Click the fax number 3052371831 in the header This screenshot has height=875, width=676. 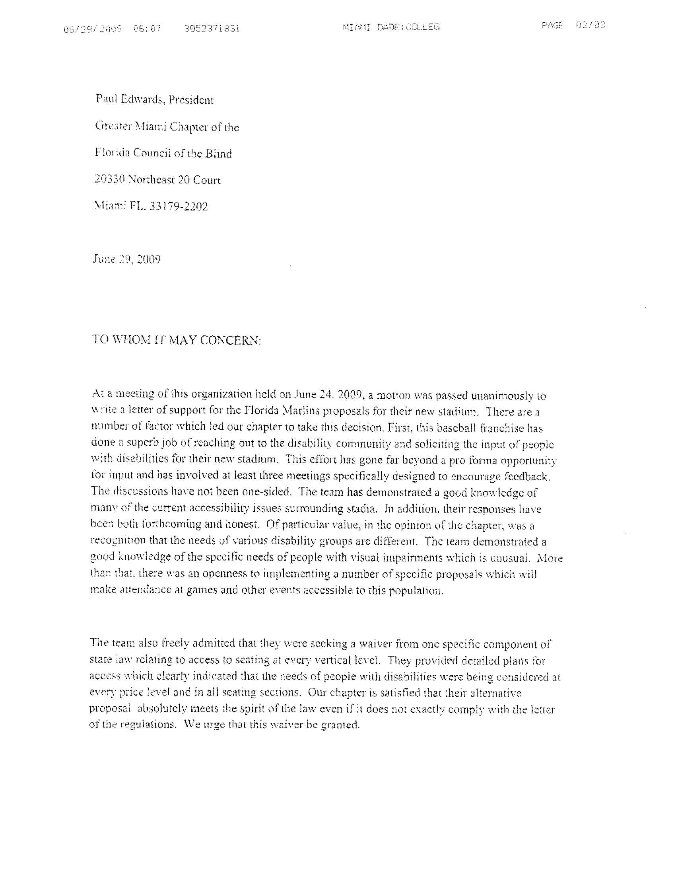212,28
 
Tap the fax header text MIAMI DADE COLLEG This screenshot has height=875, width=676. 391,27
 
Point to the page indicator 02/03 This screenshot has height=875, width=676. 590,25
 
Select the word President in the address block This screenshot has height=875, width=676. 191,100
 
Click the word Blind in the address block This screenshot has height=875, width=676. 218,154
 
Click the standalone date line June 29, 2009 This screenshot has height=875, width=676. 126,259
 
